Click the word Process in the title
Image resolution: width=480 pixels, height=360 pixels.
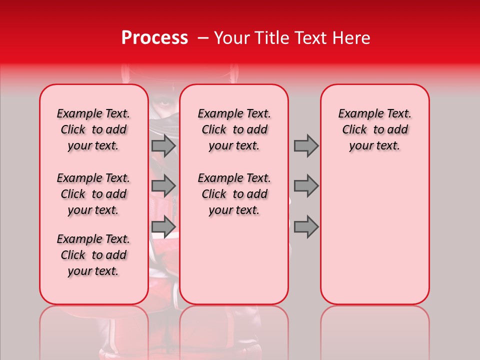(154, 38)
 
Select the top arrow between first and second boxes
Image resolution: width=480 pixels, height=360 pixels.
(163, 145)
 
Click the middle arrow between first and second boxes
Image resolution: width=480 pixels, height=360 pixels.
(163, 186)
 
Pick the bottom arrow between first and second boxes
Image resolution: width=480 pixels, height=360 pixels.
(163, 226)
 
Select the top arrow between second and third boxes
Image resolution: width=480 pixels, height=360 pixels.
(306, 145)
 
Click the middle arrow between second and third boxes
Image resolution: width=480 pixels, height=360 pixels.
(306, 186)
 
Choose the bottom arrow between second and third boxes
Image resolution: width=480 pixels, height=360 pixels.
(306, 226)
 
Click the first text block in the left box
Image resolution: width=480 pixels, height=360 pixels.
(93, 129)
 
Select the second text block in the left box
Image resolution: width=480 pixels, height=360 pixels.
(93, 194)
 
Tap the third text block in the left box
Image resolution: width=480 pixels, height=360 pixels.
(93, 255)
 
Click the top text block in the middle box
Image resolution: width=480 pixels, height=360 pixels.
(234, 129)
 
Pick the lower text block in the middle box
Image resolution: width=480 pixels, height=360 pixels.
(234, 194)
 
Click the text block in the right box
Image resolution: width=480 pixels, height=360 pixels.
(375, 129)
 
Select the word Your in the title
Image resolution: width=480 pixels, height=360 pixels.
(229, 38)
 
